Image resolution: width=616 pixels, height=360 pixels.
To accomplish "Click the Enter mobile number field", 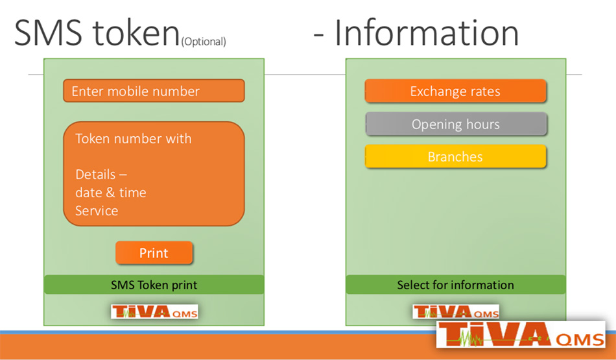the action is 154,91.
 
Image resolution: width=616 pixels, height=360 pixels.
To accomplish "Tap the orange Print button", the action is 154,253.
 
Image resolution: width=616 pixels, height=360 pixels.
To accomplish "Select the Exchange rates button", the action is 455,91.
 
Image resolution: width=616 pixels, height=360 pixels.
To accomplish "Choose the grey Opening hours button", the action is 456,124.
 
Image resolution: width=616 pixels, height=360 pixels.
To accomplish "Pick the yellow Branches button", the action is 455,157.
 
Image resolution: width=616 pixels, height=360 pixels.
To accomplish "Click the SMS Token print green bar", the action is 154,285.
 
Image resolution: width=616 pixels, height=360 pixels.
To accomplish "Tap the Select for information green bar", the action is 456,285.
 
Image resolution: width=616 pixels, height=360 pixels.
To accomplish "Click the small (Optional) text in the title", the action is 204,42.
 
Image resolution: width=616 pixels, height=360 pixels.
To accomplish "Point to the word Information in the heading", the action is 427,33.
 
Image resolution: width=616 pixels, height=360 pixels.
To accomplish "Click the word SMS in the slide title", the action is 49,32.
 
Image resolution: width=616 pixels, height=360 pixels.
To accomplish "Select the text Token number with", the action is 133,139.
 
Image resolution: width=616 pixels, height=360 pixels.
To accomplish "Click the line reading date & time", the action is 111,193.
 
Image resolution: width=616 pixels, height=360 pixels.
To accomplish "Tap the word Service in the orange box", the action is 97,211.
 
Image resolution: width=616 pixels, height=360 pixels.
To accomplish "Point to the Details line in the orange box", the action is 101,174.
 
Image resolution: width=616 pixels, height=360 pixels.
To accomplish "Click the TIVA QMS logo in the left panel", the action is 154,311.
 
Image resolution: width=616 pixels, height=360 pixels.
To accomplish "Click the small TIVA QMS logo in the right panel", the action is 456,312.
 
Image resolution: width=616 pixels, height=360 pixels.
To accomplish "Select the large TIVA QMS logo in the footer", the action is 521,335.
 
